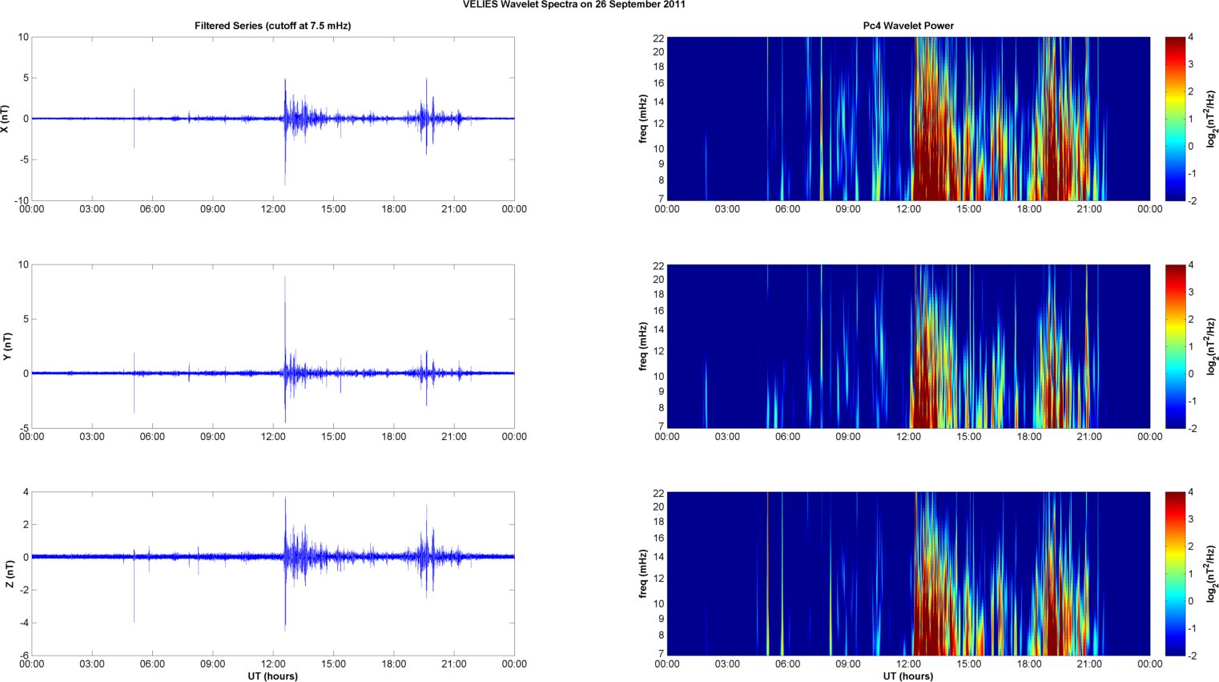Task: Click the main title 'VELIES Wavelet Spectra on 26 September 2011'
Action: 573,5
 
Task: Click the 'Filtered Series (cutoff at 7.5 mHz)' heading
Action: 272,26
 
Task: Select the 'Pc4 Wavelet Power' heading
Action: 908,26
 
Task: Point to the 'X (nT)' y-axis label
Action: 5,119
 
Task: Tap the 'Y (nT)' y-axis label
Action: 7,346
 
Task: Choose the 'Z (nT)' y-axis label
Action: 9,574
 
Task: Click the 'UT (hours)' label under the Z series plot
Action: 272,676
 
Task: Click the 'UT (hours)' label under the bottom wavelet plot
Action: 908,676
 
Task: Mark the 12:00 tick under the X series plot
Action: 273,209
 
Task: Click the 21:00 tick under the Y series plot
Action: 454,437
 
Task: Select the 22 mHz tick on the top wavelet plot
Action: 658,38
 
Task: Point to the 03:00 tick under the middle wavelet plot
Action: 727,437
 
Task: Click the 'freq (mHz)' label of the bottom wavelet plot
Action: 643,574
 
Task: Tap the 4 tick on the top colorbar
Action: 1191,38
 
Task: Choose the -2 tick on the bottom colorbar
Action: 1193,656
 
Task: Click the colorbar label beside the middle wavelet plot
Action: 1212,346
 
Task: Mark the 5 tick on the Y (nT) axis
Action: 25,319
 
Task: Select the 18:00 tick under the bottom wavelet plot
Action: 1029,664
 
